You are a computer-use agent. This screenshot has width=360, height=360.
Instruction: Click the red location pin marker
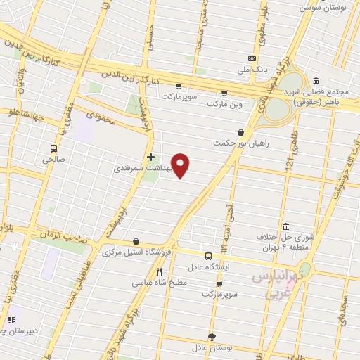pyautogui.click(x=181, y=165)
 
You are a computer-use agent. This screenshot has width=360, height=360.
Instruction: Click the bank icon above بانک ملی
pyautogui.click(x=252, y=59)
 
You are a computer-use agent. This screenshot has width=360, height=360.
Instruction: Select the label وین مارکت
pyautogui.click(x=224, y=104)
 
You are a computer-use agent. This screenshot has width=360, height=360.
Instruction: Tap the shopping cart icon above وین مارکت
pyautogui.click(x=224, y=93)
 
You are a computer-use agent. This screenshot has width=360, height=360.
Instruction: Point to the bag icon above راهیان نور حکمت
pyautogui.click(x=241, y=131)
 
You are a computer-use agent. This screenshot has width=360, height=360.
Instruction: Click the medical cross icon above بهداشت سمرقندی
pyautogui.click(x=150, y=157)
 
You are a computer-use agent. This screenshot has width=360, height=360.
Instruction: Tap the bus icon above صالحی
pyautogui.click(x=53, y=148)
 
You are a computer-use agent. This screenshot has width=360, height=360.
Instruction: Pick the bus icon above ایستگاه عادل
pyautogui.click(x=207, y=256)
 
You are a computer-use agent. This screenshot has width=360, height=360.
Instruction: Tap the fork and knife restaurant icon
pyautogui.click(x=160, y=271)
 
